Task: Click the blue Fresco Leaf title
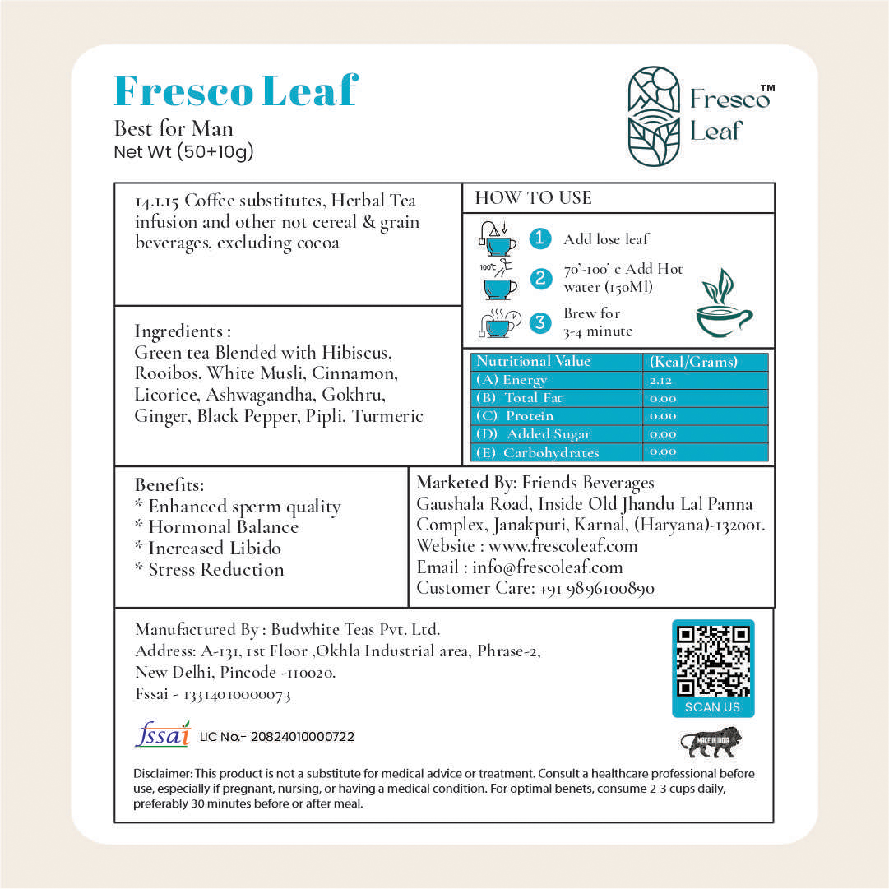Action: pyautogui.click(x=236, y=90)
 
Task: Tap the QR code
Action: pyautogui.click(x=712, y=660)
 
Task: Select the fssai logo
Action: pyautogui.click(x=162, y=734)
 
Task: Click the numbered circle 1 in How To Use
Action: pyautogui.click(x=539, y=238)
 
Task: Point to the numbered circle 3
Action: pyautogui.click(x=539, y=322)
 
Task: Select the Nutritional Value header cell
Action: pyautogui.click(x=534, y=362)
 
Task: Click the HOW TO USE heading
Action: pyautogui.click(x=533, y=197)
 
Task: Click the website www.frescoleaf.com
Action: pyautogui.click(x=563, y=546)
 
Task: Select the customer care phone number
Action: pyautogui.click(x=596, y=589)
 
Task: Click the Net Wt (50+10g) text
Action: pyautogui.click(x=183, y=150)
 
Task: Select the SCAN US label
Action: pyautogui.click(x=712, y=707)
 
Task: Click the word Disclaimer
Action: pyautogui.click(x=163, y=774)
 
